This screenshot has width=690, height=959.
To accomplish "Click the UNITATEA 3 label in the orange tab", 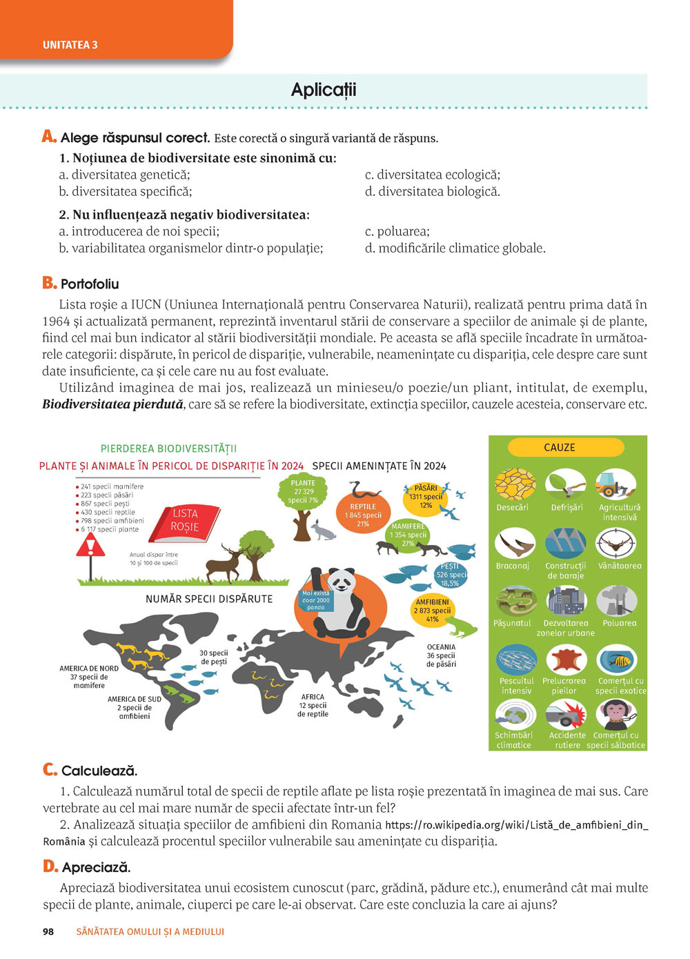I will pyautogui.click(x=70, y=45).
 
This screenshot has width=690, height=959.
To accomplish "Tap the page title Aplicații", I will pyautogui.click(x=324, y=90).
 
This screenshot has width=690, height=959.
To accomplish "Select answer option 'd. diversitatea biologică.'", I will pyautogui.click(x=432, y=192).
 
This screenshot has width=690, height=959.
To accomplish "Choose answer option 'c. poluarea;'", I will pyautogui.click(x=397, y=232).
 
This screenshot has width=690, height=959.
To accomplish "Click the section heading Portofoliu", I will pyautogui.click(x=90, y=284).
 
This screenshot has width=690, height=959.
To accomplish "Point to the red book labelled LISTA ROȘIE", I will pyautogui.click(x=186, y=521).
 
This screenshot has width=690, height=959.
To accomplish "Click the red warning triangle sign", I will pyautogui.click(x=90, y=547).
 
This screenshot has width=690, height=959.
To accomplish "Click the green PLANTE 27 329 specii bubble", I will pyautogui.click(x=303, y=491).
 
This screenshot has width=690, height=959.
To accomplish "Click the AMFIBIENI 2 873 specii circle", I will pyautogui.click(x=432, y=610).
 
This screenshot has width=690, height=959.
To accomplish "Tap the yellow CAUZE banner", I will pyautogui.click(x=559, y=447).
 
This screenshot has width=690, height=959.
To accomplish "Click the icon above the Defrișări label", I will pyautogui.click(x=566, y=484).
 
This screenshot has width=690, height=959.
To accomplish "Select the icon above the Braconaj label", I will pyautogui.click(x=515, y=544).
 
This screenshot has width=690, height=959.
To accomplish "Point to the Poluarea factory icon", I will pyautogui.click(x=616, y=601).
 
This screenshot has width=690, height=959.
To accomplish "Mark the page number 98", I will pyautogui.click(x=48, y=931).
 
